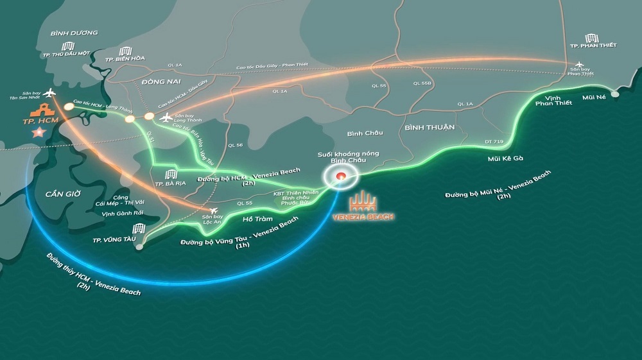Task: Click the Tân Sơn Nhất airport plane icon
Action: coord(49,94)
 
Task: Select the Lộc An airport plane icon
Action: coord(213,210)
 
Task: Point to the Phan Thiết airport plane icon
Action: coord(581,65)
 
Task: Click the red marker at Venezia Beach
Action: coord(342,176)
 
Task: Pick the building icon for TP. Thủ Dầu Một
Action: coord(67,46)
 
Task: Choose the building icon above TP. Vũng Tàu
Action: coord(138,229)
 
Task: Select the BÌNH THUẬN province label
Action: coord(429,127)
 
